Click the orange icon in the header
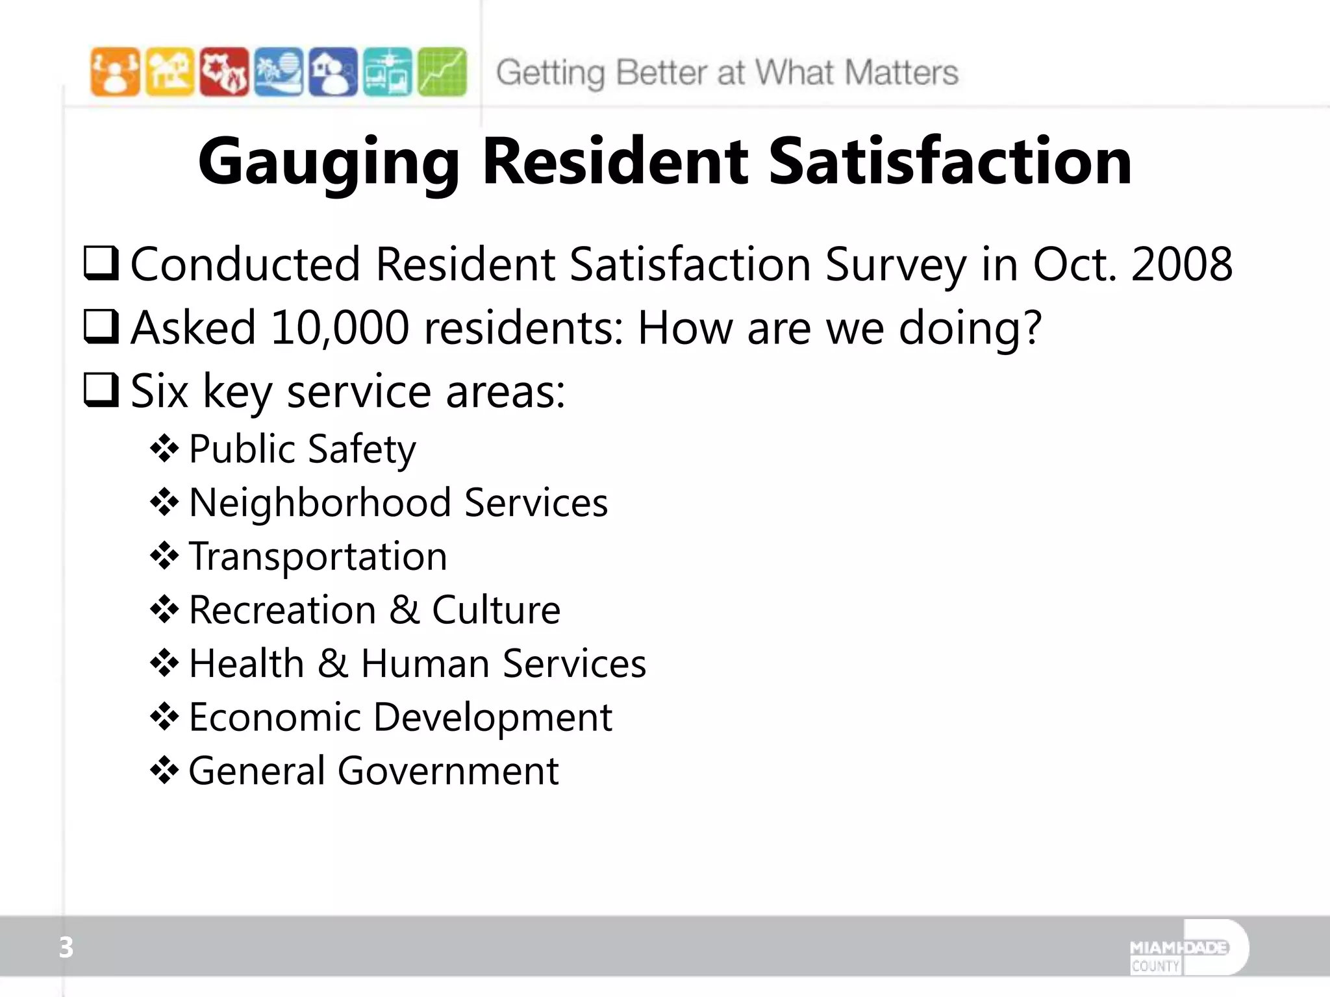(x=115, y=72)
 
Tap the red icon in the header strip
(x=224, y=72)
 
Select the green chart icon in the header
(x=442, y=72)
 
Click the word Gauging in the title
(x=329, y=162)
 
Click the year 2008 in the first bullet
(x=1181, y=265)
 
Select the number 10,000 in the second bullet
(x=340, y=328)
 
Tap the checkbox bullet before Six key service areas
(x=101, y=390)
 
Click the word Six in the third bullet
(x=159, y=391)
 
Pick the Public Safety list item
(x=302, y=449)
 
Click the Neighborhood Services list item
(x=398, y=503)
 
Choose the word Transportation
(x=318, y=557)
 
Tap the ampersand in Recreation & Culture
(x=405, y=610)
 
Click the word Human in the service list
(x=425, y=664)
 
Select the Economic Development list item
(x=400, y=718)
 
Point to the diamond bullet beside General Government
(x=164, y=771)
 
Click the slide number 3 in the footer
(x=66, y=948)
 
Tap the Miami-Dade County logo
(x=1188, y=948)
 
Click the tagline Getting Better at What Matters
(x=727, y=73)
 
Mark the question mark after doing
(x=1030, y=328)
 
